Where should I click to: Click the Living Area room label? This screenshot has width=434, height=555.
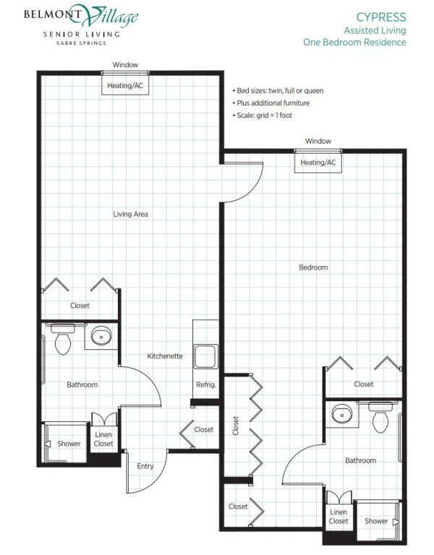click(130, 214)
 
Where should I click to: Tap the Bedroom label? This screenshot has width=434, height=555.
click(313, 267)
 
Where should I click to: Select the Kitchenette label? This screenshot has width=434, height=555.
click(165, 356)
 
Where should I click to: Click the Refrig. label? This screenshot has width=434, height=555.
click(206, 384)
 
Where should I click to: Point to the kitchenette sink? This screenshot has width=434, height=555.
click(205, 356)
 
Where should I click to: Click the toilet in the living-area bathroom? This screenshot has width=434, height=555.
click(63, 339)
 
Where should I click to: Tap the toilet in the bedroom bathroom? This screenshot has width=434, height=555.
click(380, 418)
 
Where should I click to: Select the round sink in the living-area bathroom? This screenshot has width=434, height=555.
click(101, 336)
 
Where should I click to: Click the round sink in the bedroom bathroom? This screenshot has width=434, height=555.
click(342, 414)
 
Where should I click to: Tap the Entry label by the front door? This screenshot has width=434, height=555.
click(145, 466)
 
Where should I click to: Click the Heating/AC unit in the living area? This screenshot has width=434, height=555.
click(125, 85)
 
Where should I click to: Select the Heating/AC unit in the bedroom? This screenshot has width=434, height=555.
click(318, 163)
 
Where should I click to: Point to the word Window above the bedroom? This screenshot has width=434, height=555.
click(318, 141)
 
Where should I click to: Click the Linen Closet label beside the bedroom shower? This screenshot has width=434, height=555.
click(339, 517)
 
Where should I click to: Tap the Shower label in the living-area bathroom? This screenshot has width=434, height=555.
click(69, 444)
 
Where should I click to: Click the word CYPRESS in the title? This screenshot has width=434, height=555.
click(381, 17)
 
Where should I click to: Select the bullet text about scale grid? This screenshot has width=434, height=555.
click(263, 116)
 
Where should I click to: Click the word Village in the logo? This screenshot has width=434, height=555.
click(111, 16)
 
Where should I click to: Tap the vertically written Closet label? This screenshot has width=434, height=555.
click(236, 426)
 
